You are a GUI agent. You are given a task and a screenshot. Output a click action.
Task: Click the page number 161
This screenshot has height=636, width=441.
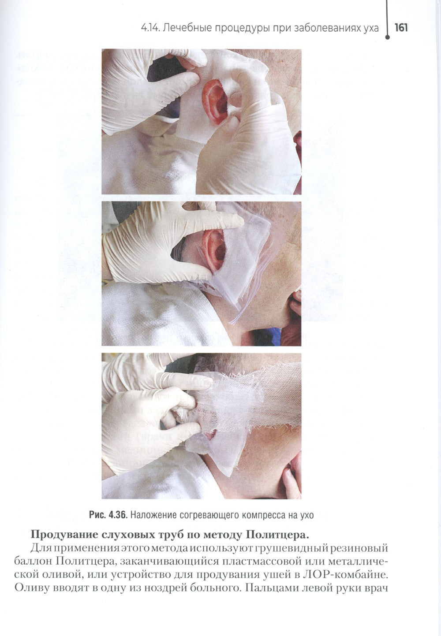pos(401,28)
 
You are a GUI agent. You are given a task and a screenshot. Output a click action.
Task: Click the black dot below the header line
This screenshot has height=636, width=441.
pos(387,37)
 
